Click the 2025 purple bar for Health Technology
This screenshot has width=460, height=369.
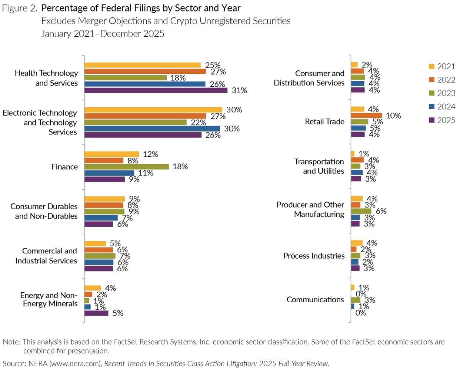tap(156, 90)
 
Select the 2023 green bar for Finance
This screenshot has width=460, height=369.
tap(126, 167)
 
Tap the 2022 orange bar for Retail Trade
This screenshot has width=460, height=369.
tap(366, 116)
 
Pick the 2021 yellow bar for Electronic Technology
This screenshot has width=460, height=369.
tap(153, 110)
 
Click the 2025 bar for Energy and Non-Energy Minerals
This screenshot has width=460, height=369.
tap(96, 313)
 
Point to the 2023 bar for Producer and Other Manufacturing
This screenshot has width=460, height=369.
tap(361, 211)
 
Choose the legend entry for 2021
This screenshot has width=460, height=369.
tap(442, 67)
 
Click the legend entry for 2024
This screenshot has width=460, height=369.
tap(442, 107)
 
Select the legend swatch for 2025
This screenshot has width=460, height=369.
tap(431, 120)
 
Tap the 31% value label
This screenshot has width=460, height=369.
tap(239, 90)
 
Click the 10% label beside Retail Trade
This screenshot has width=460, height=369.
tap(393, 116)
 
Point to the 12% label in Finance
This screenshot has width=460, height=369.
tap(150, 154)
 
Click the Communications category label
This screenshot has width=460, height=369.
tap(315, 299)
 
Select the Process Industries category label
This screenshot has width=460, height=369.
tap(314, 256)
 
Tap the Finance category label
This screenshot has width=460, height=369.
tap(64, 167)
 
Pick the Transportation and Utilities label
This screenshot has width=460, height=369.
tap(319, 166)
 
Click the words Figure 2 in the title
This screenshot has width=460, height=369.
tap(19, 8)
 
